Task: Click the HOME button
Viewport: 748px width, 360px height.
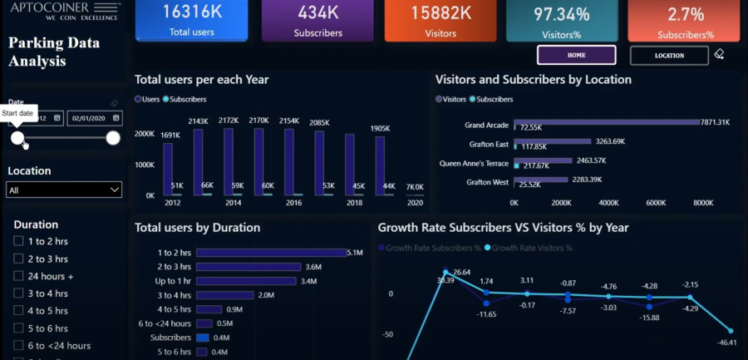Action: pos(576,55)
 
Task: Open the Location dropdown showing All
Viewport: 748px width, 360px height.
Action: pos(64,190)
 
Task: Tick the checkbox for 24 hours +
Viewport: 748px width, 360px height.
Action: pos(18,276)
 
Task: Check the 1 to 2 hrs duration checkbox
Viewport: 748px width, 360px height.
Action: pos(18,241)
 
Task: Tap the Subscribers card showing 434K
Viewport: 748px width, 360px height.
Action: pos(317,20)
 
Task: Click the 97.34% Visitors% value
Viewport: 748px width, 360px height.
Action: pos(561,14)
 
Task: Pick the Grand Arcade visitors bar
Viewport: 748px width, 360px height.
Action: pos(607,122)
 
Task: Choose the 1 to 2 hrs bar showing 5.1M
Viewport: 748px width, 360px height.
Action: pos(272,252)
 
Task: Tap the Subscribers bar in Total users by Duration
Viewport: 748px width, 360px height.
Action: pos(202,338)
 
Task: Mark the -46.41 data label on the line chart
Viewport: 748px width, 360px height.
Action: pos(728,343)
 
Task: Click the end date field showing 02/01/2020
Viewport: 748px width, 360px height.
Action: pos(94,118)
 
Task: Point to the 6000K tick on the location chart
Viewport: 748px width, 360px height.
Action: pos(656,202)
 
